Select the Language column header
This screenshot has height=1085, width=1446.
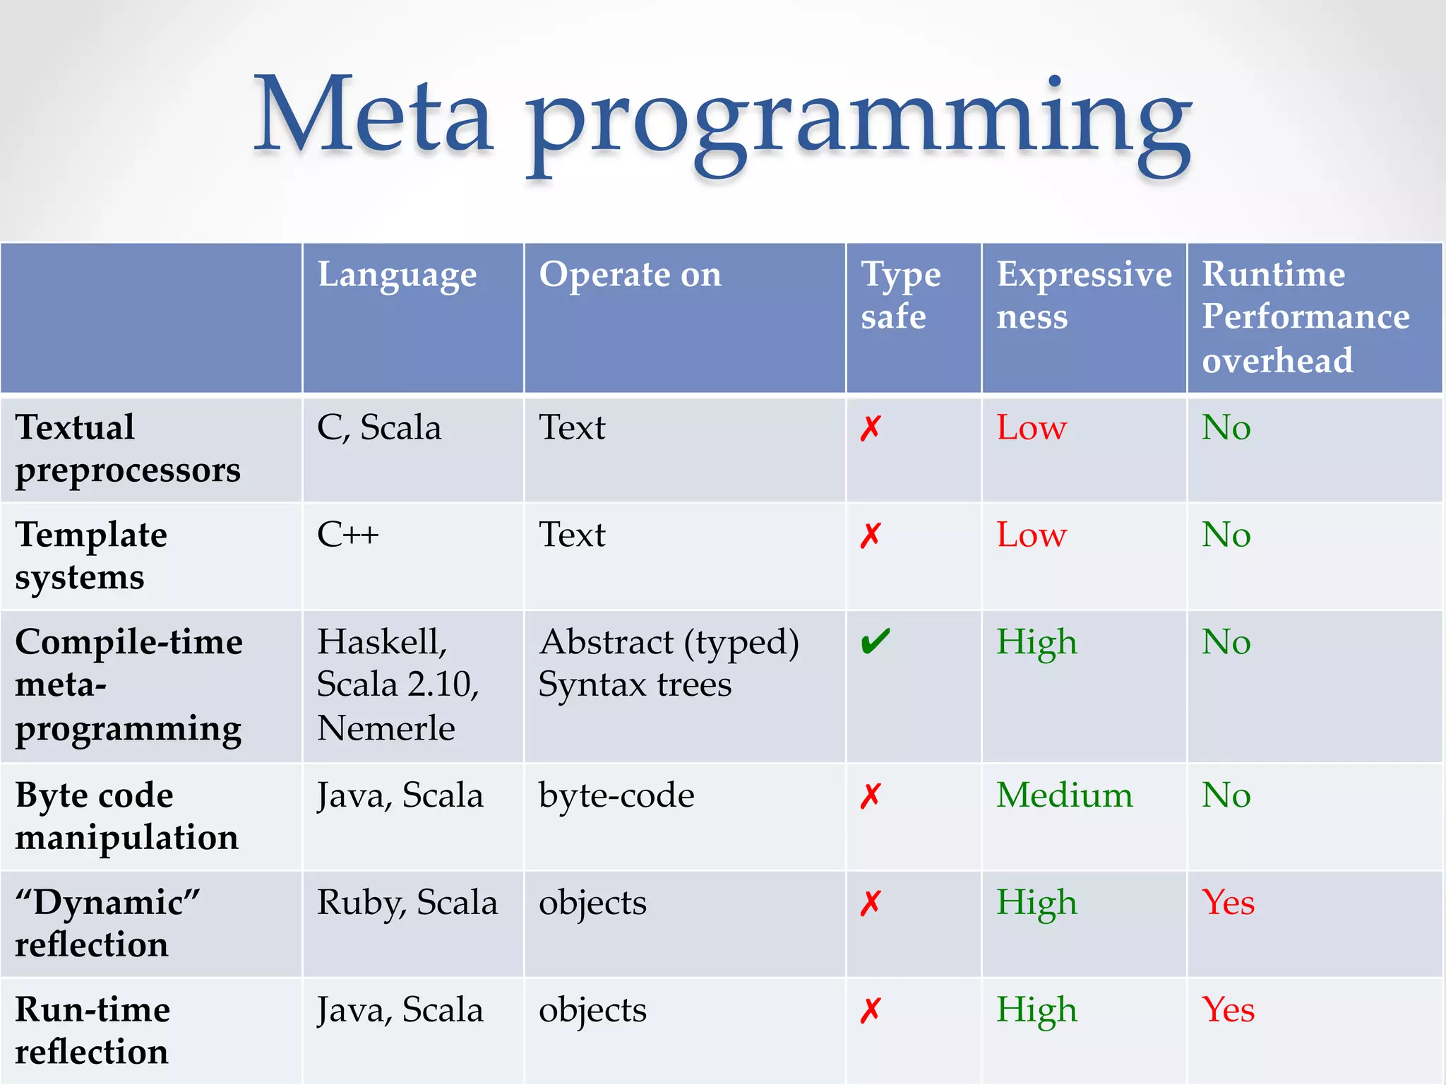(x=397, y=275)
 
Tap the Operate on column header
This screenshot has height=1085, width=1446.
(x=630, y=275)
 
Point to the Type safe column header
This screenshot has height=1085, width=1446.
(x=900, y=295)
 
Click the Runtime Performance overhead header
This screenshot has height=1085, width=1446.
(x=1305, y=316)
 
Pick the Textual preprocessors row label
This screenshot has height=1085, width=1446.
(x=128, y=449)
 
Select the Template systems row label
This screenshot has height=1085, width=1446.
(x=91, y=556)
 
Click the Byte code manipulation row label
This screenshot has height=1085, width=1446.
(x=127, y=816)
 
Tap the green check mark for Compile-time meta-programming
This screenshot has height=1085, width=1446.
(x=876, y=642)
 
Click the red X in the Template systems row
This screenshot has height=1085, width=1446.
(x=871, y=535)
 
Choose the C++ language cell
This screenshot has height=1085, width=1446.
(x=347, y=535)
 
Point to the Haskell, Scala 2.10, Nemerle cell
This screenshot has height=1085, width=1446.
(x=398, y=684)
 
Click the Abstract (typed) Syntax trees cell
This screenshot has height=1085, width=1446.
(x=669, y=663)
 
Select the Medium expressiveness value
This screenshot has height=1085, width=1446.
(x=1064, y=795)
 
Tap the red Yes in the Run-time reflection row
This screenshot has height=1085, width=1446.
(x=1228, y=1009)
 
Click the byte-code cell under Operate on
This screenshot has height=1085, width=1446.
(x=616, y=796)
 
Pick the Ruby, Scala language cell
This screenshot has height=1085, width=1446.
(x=407, y=903)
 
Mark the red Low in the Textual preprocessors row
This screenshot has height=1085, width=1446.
(x=1031, y=428)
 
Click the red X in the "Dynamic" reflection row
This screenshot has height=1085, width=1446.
(x=871, y=903)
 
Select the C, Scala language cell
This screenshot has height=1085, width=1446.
(x=379, y=428)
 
